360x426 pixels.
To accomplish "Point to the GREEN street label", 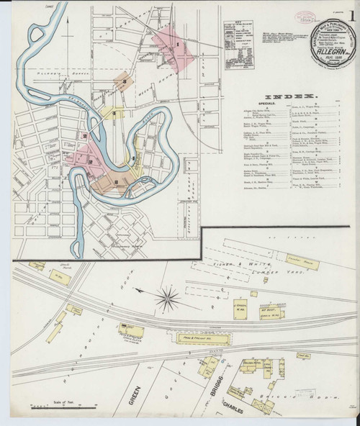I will [134, 394].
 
